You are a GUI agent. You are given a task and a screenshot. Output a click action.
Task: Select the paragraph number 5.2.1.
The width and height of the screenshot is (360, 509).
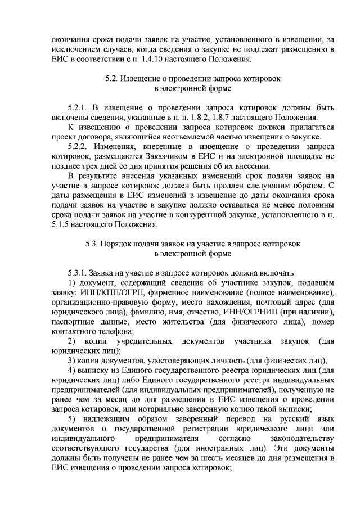coord(77,107)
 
